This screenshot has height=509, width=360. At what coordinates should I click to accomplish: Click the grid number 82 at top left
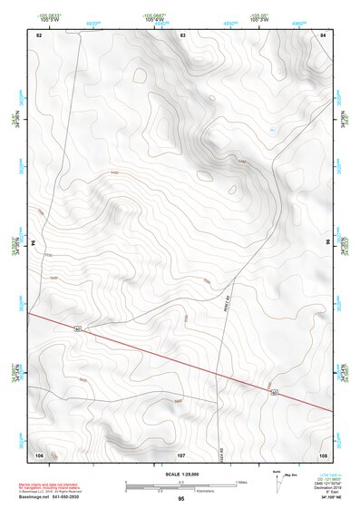click(39, 34)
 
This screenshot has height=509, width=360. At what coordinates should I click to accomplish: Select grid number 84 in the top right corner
click(323, 34)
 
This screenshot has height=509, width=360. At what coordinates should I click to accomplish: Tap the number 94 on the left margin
click(37, 244)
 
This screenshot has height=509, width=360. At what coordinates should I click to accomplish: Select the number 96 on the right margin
click(328, 243)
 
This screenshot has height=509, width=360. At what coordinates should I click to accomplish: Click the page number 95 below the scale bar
click(180, 499)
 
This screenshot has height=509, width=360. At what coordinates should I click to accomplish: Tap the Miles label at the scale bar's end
click(240, 482)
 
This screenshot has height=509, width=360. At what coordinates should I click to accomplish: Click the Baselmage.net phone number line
click(49, 496)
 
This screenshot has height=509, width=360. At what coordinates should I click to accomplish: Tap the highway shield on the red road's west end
click(79, 328)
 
